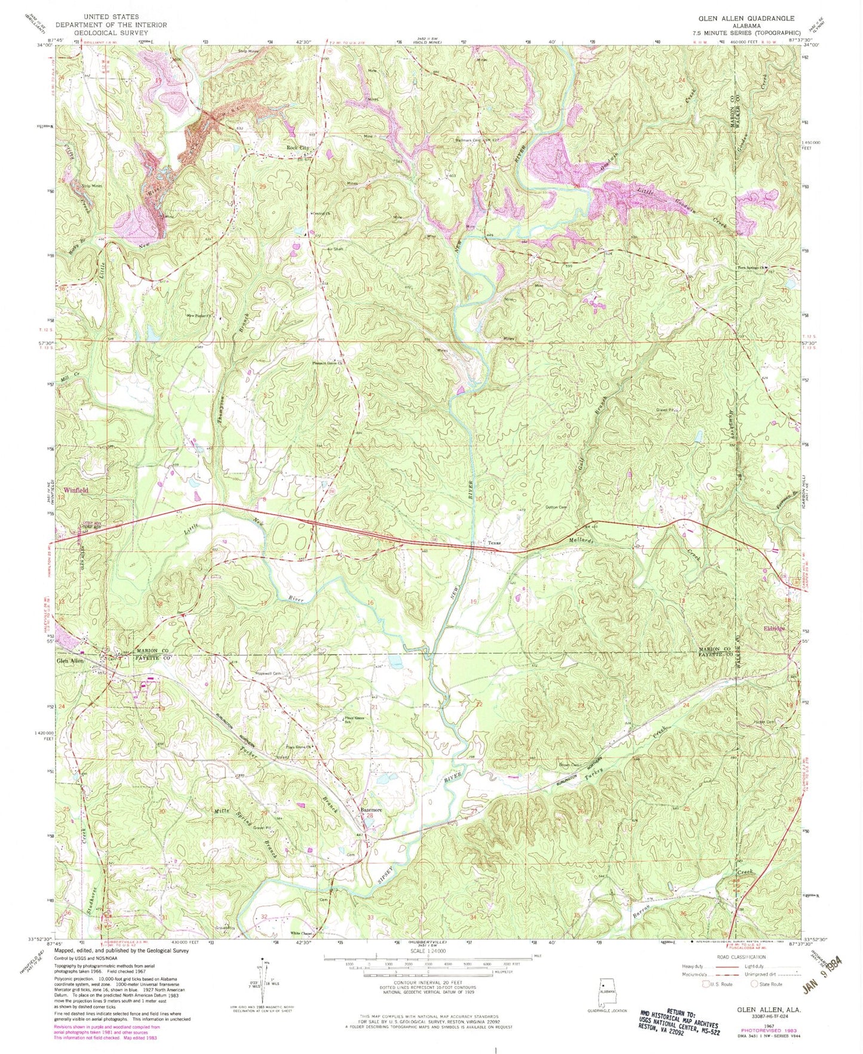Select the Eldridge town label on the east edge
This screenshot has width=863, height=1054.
point(774,628)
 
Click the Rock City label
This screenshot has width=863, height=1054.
point(297,147)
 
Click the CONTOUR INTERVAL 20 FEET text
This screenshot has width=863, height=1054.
point(425,986)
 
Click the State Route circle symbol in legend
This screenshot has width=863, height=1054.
point(755,984)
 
